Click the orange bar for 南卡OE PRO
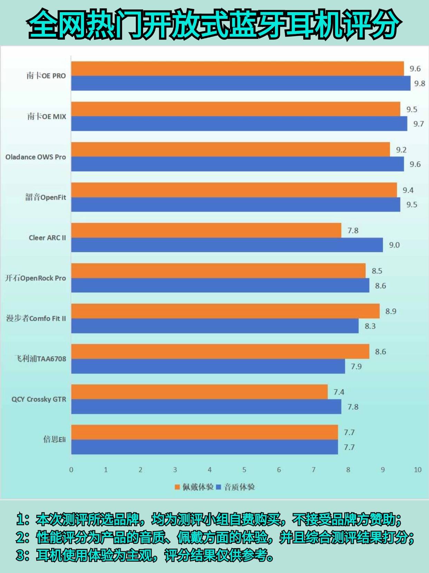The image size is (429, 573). (x=238, y=69)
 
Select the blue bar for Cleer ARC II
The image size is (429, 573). (x=227, y=245)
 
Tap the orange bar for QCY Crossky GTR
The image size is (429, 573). (x=199, y=392)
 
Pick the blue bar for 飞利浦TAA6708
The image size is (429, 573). (x=208, y=366)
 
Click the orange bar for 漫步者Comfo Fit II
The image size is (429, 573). (x=225, y=311)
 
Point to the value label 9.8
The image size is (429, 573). (x=420, y=84)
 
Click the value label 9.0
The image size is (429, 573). (x=394, y=245)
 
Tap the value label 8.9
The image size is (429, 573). (x=391, y=311)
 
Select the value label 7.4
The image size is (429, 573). (x=339, y=392)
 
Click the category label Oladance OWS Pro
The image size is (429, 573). (x=36, y=157)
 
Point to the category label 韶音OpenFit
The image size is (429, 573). (x=46, y=197)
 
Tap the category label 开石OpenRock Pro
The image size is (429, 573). (x=36, y=278)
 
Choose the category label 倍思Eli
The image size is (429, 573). (x=54, y=439)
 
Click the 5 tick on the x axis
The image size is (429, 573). (x=244, y=470)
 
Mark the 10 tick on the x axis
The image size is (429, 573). (x=418, y=470)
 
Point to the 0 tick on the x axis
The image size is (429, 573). (x=71, y=470)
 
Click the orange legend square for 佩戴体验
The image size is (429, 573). (x=178, y=487)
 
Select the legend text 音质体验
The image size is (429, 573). (x=239, y=487)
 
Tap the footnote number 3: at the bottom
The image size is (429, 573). (x=22, y=555)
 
